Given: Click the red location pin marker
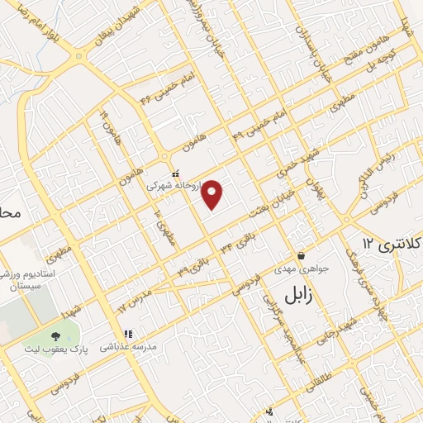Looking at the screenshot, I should coord(213,193).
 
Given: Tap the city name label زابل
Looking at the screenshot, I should coord(295,295).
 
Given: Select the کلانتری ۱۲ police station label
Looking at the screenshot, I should coord(392,245).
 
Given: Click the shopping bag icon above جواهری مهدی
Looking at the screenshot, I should coord(302,255).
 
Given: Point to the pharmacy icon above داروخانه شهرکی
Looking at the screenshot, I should coord(175,173).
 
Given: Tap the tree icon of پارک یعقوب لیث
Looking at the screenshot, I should coord(56,335).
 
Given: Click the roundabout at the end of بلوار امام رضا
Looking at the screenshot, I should coord(80,57).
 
